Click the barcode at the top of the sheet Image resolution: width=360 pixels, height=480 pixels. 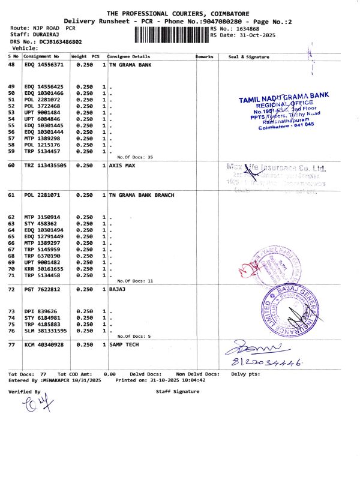click(170, 34)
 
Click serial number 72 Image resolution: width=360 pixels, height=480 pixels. click(11, 289)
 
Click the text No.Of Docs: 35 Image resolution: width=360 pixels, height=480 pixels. click(135, 157)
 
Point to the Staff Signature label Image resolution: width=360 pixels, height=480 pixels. click(177, 391)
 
